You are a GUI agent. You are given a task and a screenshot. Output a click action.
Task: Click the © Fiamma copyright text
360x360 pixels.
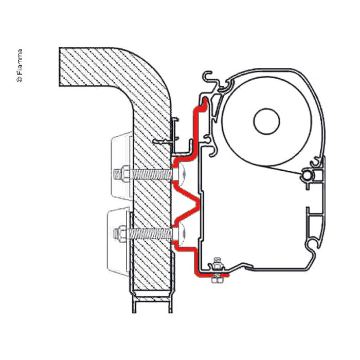[x=20, y=66]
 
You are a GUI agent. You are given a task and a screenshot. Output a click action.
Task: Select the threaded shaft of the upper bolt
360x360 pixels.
[x=149, y=173]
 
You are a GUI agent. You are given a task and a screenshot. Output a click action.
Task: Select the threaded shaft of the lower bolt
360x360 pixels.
[x=149, y=234]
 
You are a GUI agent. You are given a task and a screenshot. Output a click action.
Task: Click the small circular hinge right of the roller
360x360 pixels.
[x=307, y=176]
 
